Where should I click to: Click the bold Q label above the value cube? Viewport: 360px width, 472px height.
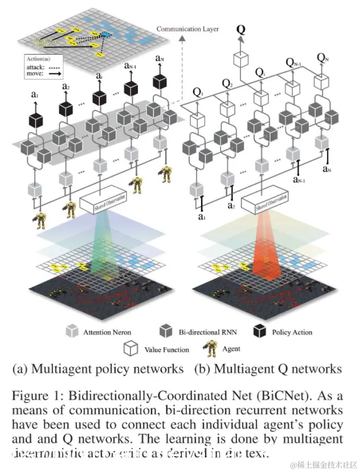(x=241, y=29)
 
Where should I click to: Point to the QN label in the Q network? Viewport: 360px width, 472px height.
(x=322, y=57)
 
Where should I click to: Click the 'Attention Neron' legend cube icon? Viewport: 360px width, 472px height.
(x=71, y=331)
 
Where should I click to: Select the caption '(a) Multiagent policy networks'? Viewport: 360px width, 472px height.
(x=98, y=369)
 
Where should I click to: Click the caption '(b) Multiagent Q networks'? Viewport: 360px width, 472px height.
(x=268, y=369)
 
